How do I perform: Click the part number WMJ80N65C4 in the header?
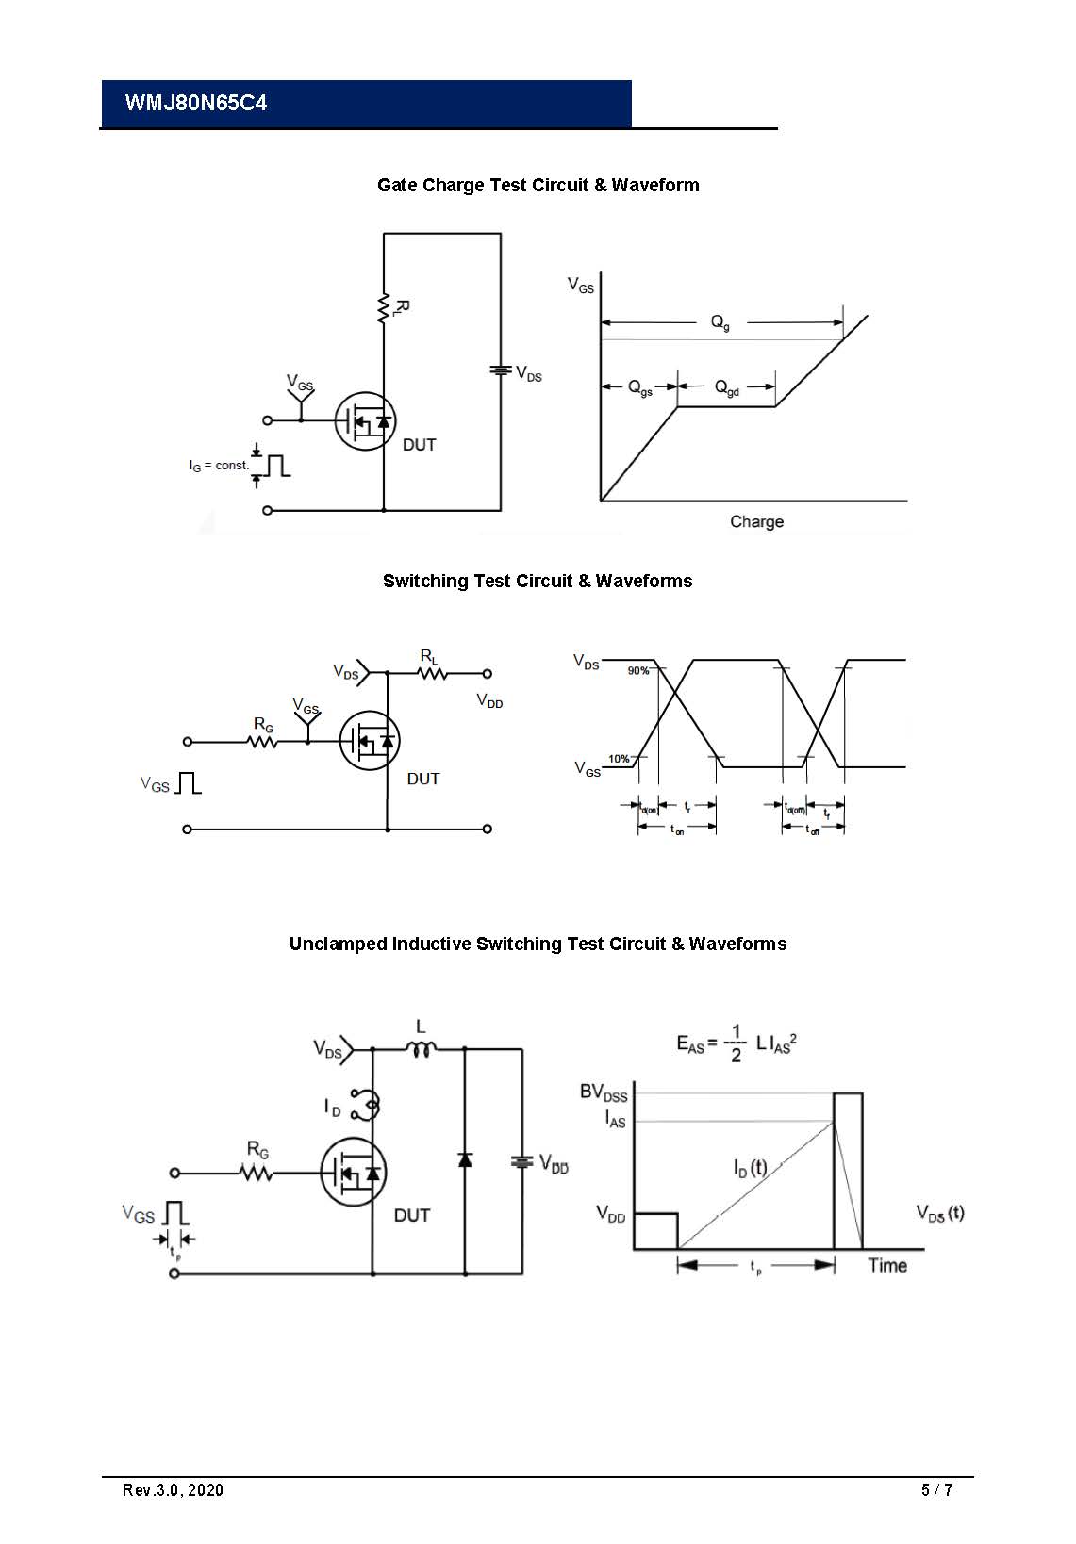pos(196,103)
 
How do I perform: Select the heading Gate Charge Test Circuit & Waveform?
pos(538,185)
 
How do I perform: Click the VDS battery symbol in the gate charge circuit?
pos(501,370)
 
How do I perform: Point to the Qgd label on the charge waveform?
pos(726,387)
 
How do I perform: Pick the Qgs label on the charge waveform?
pos(640,387)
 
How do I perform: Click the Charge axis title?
pos(756,521)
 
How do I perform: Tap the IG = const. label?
pos(219,466)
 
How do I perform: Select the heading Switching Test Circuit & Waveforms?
pos(538,581)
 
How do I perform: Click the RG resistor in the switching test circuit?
pos(263,741)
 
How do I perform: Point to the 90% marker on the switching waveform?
pos(638,670)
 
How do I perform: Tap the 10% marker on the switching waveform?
pos(619,759)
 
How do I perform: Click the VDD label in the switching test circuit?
pos(489,701)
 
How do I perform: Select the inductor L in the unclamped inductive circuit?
pos(421,1048)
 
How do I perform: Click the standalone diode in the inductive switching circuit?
pos(465,1158)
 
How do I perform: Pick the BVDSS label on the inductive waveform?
pos(604,1092)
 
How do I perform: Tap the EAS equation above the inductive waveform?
pos(737,1043)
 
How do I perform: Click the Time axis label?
pos(887,1265)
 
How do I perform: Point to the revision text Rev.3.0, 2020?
pos(174,1489)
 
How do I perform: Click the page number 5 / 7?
pos(936,1489)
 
